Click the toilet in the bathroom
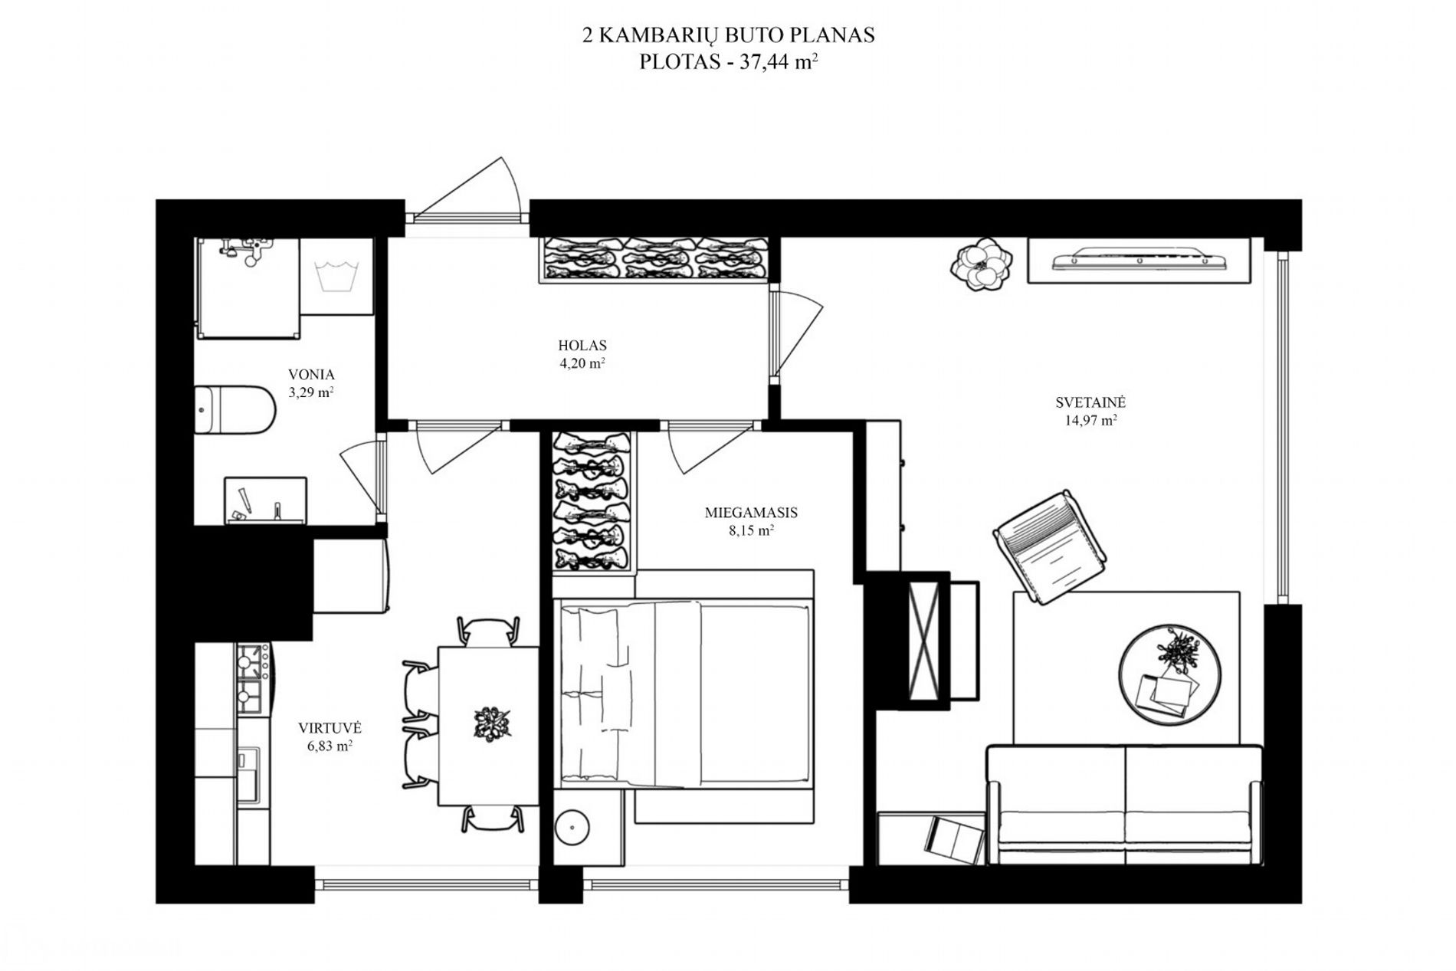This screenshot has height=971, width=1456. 234,410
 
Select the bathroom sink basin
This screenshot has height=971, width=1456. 265,501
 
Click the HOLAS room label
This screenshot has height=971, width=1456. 582,346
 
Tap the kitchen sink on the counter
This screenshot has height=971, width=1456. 249,774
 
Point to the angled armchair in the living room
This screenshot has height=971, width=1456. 1050,547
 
